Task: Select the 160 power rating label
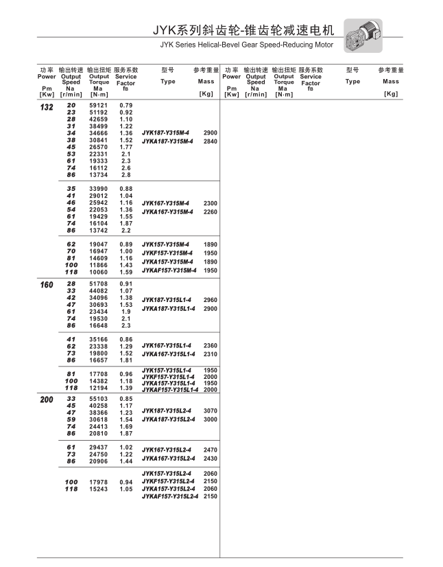coord(47,284)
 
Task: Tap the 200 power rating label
coord(47,400)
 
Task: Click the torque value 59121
coord(99,105)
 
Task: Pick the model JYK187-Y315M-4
coord(166,132)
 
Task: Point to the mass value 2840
coord(211,141)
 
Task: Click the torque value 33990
coord(99,189)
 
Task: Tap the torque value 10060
coord(99,271)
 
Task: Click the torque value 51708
coord(99,283)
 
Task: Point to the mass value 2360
coord(211,345)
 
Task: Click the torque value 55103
coord(99,399)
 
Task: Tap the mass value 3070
coord(211,411)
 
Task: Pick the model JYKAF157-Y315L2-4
coord(170,496)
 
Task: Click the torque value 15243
coord(99,489)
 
